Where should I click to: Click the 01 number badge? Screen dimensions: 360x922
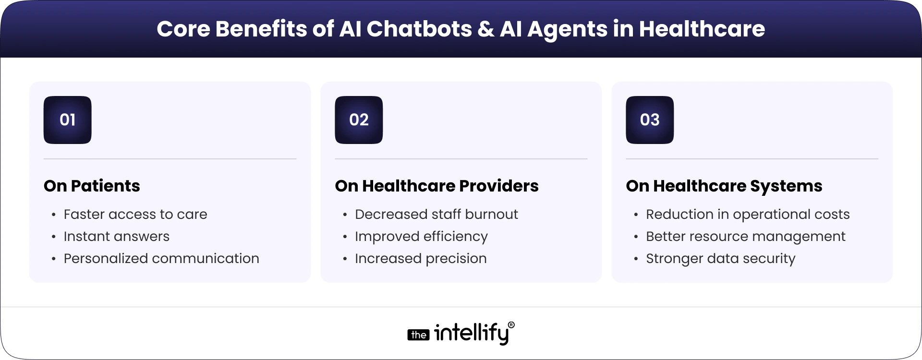[67, 120]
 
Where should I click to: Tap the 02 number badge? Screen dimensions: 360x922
[359, 120]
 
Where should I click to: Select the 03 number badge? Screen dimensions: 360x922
[650, 120]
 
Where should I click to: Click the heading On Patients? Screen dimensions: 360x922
[92, 186]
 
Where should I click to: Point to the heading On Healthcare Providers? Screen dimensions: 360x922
[437, 186]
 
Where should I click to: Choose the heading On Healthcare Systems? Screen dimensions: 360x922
[724, 186]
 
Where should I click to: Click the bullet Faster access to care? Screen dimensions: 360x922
[135, 214]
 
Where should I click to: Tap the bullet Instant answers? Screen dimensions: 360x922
[117, 236]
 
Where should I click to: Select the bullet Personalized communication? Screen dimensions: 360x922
[161, 258]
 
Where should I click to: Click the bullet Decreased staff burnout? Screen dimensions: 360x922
[436, 214]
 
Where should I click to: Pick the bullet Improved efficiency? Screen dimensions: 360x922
[421, 236]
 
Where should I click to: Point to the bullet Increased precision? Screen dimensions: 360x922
[421, 258]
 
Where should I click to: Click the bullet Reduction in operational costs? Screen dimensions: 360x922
[748, 214]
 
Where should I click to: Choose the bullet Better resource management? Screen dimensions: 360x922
[745, 236]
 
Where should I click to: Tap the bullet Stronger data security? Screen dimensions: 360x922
[720, 258]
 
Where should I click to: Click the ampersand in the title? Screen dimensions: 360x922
[486, 29]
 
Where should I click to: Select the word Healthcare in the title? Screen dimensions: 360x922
[702, 29]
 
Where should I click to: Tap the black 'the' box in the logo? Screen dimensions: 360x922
[418, 335]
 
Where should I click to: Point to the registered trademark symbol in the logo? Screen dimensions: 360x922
[511, 325]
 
